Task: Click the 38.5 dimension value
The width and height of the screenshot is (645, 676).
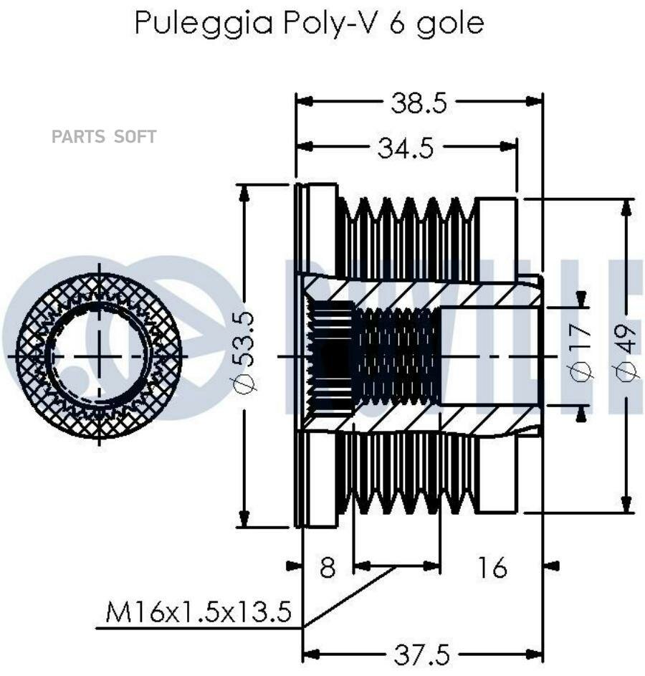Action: point(419,103)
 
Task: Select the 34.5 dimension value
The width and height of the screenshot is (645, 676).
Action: point(405,148)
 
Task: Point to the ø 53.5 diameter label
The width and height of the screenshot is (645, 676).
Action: point(247,352)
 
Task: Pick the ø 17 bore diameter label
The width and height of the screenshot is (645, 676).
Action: point(580,352)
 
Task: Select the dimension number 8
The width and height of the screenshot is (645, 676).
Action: point(328,567)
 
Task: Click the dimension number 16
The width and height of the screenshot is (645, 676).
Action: point(492,567)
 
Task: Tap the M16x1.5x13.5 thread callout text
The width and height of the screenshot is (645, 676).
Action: point(199,611)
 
